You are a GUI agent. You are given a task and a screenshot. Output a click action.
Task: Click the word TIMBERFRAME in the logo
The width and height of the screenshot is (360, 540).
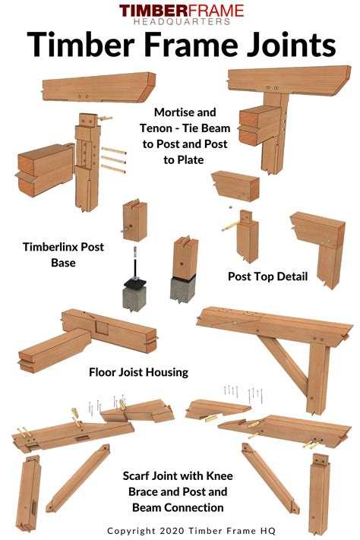pyautogui.click(x=181, y=11)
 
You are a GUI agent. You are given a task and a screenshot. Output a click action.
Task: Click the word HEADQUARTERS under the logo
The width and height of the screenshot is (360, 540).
pyautogui.click(x=181, y=22)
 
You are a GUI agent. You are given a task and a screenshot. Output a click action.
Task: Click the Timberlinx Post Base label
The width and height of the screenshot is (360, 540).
pyautogui.click(x=63, y=254)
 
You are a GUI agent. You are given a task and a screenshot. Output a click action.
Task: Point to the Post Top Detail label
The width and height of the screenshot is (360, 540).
pyautogui.click(x=267, y=276)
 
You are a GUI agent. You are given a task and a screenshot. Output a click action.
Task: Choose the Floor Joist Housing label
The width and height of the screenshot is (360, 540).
pyautogui.click(x=138, y=372)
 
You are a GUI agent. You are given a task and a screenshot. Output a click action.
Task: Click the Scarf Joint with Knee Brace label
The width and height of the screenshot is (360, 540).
pyautogui.click(x=177, y=491)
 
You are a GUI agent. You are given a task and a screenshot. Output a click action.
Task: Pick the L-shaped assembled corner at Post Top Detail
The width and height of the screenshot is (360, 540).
pyautogui.click(x=314, y=242)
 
